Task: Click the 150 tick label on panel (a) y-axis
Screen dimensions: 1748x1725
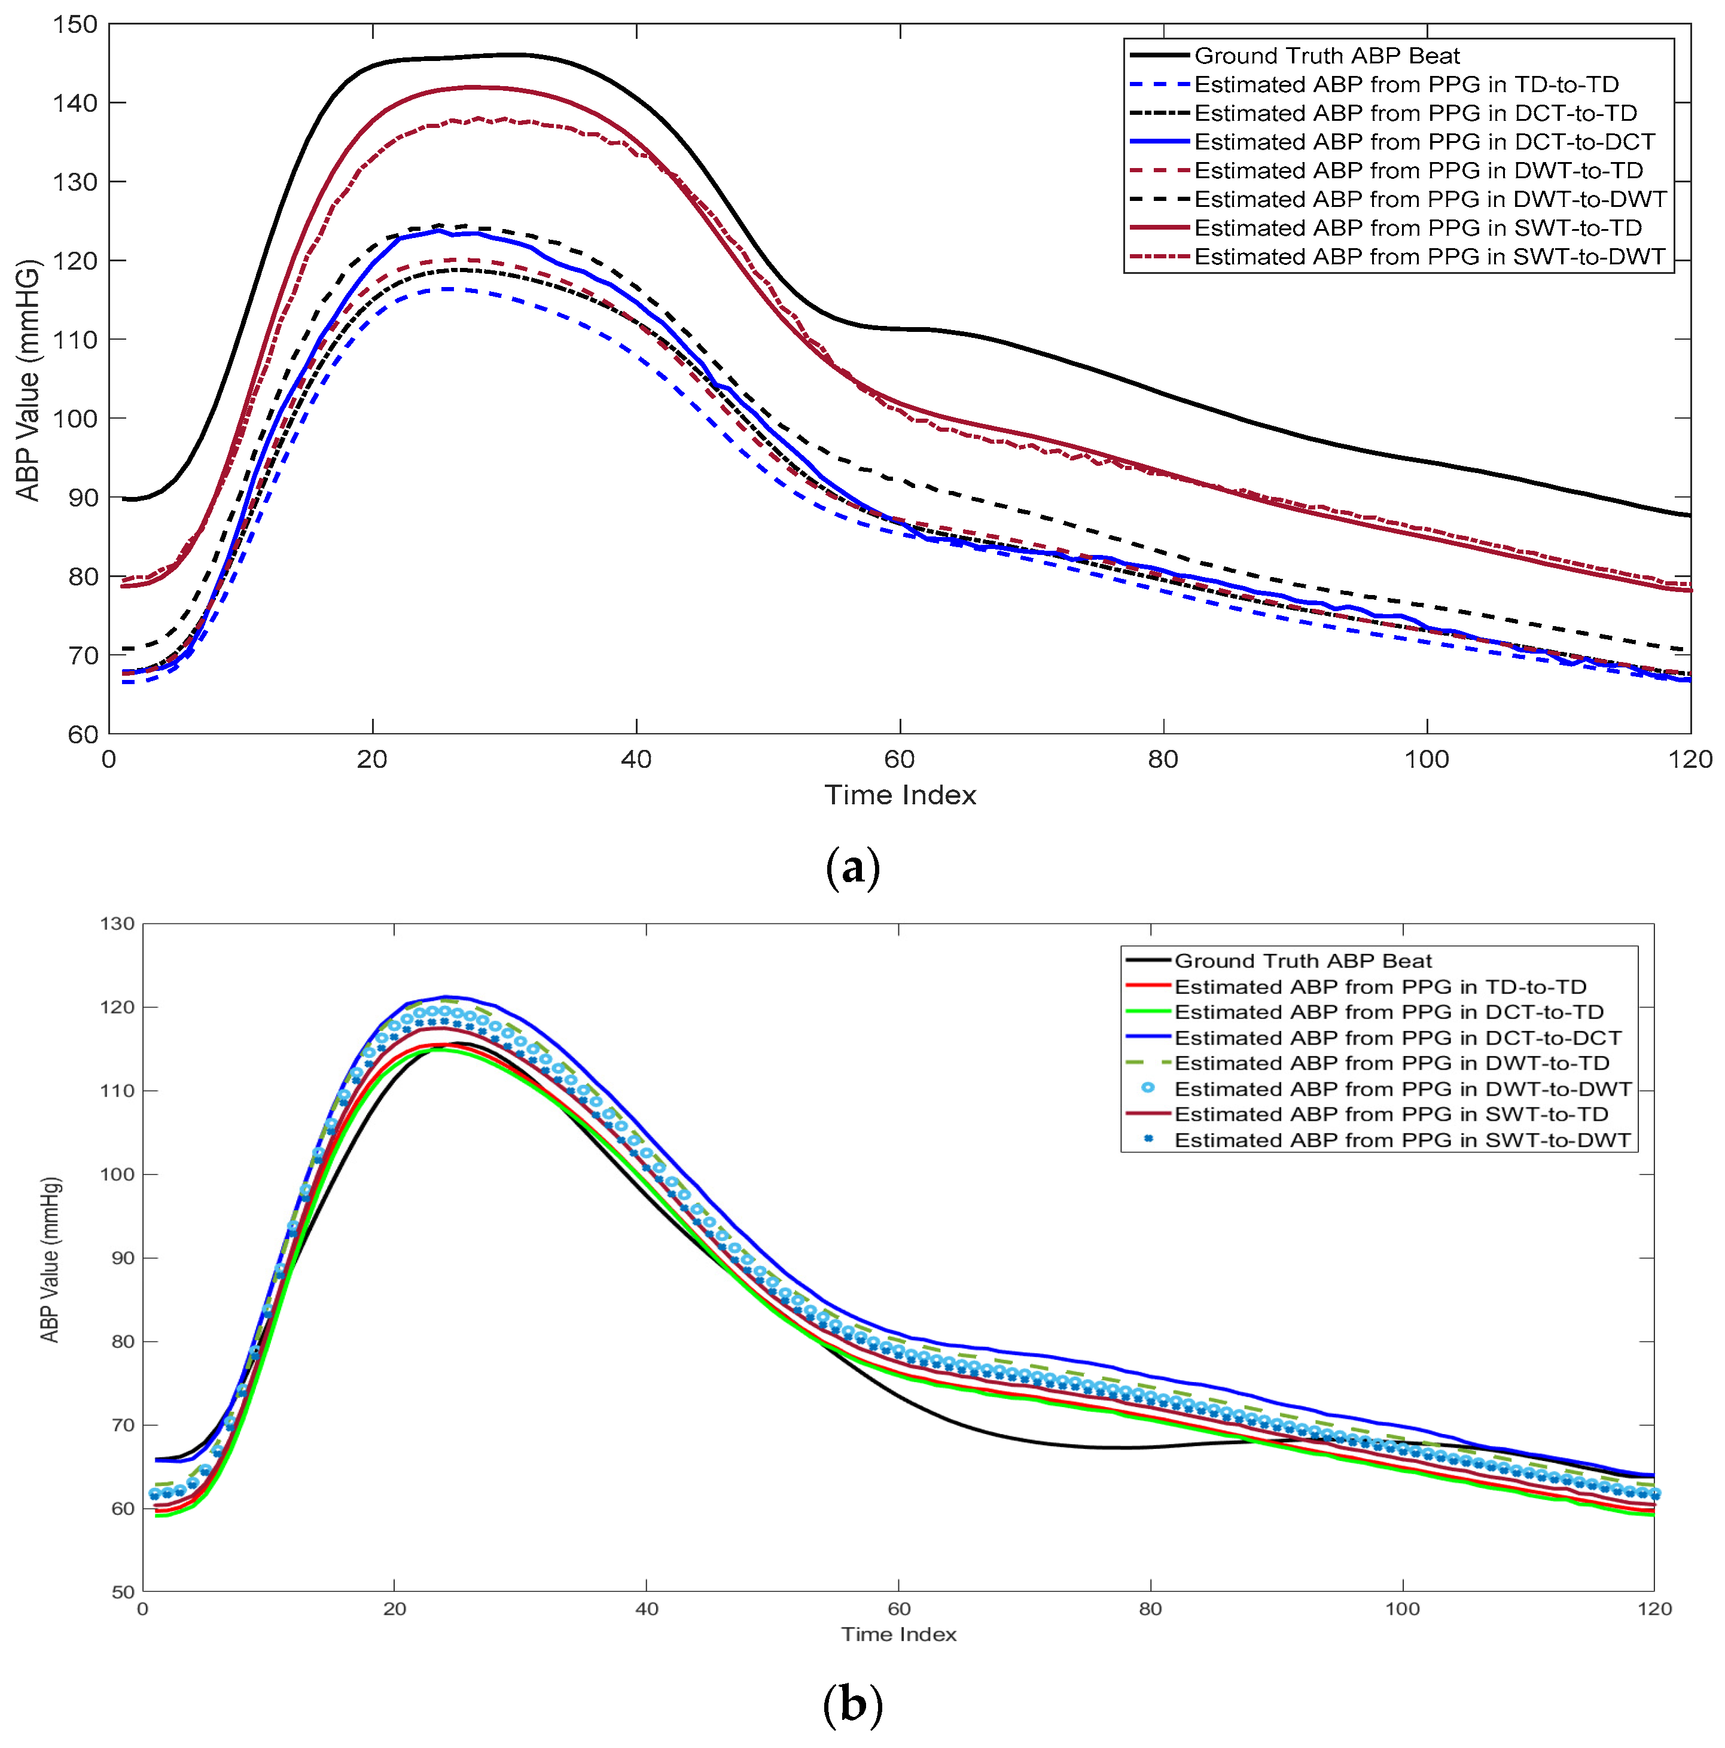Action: [74, 25]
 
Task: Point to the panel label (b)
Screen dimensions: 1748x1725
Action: [852, 1704]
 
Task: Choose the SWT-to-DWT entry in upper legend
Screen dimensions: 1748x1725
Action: [1429, 257]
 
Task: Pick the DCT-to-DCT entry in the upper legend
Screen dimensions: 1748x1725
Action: [1424, 142]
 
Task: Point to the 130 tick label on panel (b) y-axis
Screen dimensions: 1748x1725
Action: [117, 924]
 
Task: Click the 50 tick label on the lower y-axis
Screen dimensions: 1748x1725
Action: [122, 1591]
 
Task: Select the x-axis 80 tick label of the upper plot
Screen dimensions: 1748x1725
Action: [1163, 759]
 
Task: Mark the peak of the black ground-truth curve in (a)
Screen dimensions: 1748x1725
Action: [507, 54]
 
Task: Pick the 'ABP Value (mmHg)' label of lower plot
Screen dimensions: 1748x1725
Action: [51, 1259]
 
